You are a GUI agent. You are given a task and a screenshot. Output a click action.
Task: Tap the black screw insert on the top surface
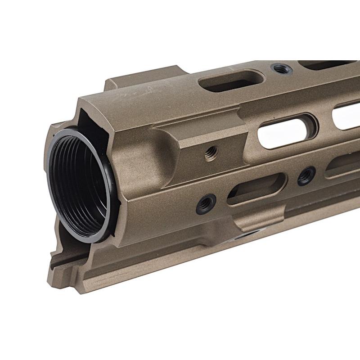point(282,69)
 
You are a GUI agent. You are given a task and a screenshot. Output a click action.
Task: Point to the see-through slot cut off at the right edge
point(346,115)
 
